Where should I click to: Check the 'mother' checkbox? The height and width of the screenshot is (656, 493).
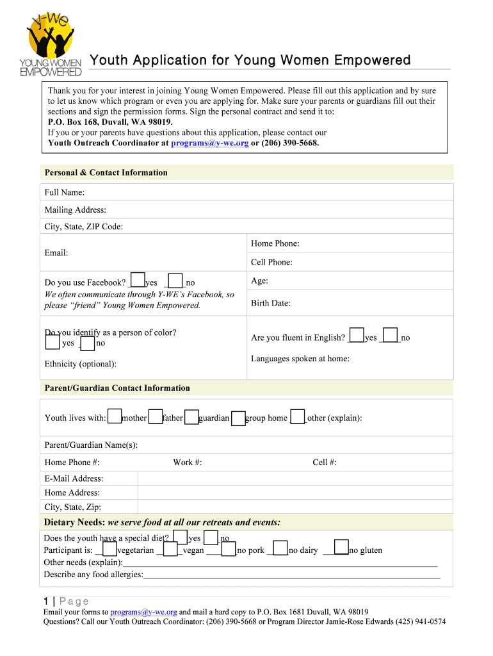(x=115, y=416)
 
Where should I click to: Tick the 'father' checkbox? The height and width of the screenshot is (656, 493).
(x=156, y=416)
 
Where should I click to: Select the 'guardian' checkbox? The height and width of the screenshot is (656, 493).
(x=191, y=416)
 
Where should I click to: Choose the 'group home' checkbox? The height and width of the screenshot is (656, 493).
(x=238, y=418)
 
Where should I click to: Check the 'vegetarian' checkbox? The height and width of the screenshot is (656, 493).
(x=109, y=549)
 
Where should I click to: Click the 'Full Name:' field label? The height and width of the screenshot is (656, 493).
(x=65, y=192)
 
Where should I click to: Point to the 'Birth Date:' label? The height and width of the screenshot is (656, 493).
(x=271, y=303)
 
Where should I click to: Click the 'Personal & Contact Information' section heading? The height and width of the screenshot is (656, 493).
(x=106, y=172)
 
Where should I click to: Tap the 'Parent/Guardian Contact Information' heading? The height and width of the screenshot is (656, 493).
(x=117, y=388)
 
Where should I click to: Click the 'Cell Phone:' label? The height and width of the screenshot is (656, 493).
(x=271, y=262)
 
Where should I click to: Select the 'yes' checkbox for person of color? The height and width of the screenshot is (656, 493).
(x=53, y=342)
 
